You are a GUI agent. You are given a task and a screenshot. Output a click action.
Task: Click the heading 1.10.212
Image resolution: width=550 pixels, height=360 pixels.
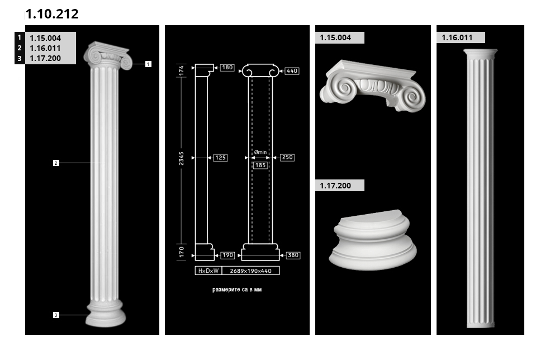coord(52,14)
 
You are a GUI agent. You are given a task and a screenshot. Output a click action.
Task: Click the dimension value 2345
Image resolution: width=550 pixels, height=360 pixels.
coord(181,158)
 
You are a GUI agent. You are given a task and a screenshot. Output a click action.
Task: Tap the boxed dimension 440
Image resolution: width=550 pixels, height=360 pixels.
coord(292,71)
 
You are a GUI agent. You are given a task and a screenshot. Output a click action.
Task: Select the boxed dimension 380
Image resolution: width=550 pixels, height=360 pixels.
coord(293,255)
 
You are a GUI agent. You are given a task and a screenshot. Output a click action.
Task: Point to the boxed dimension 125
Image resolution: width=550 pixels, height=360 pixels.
coord(220,158)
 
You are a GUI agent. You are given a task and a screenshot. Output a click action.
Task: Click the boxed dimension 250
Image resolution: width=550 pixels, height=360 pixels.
coord(287,158)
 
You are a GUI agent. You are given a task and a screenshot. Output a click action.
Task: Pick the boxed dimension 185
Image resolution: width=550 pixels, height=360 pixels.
coord(260,165)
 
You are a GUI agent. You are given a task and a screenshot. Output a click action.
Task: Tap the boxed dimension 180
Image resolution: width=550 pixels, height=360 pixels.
coord(227,68)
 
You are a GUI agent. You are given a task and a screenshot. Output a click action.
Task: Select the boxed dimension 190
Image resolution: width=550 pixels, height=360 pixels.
coord(227,255)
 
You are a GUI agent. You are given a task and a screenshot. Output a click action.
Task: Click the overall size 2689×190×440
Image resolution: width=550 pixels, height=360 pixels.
coord(251,271)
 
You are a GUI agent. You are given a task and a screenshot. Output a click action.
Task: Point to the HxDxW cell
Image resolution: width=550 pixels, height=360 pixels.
coord(208,271)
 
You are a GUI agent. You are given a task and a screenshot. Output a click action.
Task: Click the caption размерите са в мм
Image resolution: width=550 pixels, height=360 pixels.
coord(237,290)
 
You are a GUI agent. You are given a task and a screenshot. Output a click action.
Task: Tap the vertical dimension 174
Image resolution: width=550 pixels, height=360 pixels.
coord(181,70)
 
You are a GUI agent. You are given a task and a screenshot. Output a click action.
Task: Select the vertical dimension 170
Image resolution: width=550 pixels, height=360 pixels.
coord(181,252)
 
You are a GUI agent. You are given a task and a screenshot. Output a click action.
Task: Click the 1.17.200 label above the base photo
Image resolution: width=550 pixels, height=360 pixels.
coord(339,186)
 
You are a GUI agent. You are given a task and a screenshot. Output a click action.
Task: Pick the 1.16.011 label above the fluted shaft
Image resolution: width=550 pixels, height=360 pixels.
coord(461,37)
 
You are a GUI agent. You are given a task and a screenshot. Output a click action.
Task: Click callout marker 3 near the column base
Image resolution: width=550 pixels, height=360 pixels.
coord(56,315)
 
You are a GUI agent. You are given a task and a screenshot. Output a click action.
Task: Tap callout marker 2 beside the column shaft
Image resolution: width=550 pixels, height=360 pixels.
coord(56,163)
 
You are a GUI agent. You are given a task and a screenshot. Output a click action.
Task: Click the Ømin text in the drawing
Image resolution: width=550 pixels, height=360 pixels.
coord(260,152)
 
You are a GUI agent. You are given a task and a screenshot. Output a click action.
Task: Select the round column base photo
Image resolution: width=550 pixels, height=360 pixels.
coord(372,241)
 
